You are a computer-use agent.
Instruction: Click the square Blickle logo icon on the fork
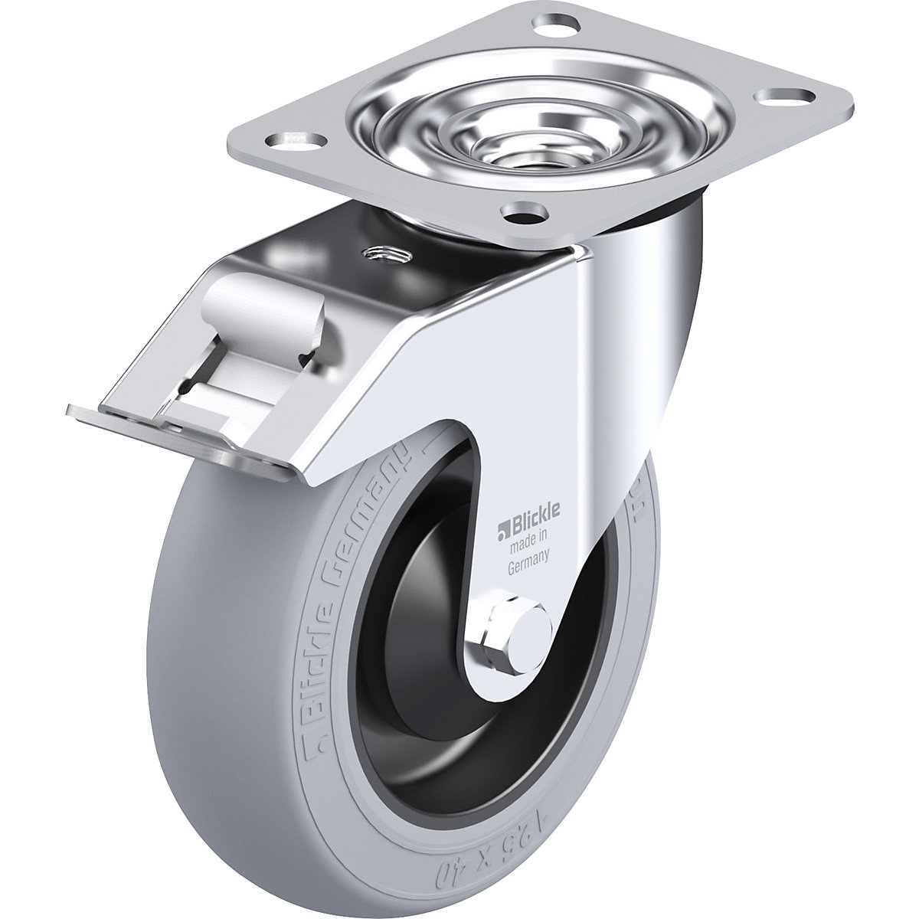click(502, 528)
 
